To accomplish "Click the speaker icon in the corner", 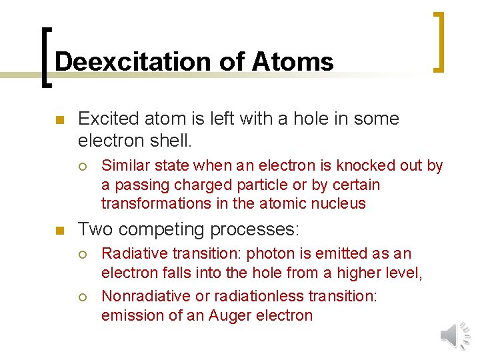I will (455, 335).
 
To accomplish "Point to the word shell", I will (171, 141).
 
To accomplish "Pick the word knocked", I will (359, 166).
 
